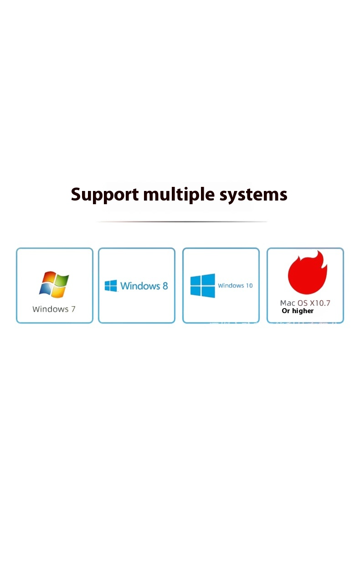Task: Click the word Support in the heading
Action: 105,195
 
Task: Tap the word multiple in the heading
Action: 179,195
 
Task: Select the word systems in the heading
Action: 253,195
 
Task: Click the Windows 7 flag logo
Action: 54,284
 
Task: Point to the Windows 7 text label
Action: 54,309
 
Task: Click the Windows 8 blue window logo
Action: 111,286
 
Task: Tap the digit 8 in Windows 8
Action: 165,286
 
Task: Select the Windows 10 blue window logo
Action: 203,286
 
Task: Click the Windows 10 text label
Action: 235,286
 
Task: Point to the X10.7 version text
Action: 320,303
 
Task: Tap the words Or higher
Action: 298,311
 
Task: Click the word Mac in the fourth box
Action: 287,303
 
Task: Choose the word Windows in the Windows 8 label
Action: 140,286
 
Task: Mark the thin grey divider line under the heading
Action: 181,222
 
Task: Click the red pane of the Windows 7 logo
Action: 48,278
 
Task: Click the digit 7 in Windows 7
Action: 72,309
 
